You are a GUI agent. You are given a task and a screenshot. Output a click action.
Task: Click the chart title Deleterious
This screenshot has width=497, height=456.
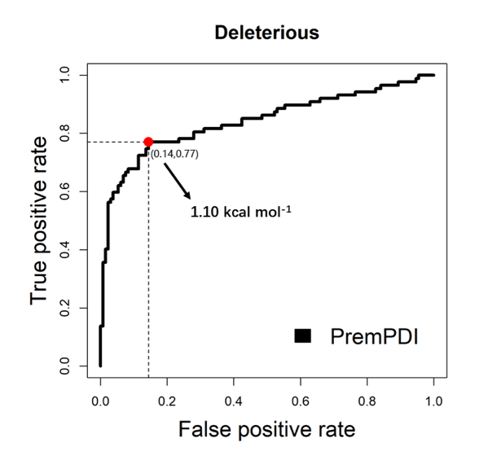[266, 33]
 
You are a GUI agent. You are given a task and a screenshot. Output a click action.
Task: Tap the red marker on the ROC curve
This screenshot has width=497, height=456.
[148, 142]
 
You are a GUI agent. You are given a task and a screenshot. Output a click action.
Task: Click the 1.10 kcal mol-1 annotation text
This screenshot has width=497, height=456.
[241, 214]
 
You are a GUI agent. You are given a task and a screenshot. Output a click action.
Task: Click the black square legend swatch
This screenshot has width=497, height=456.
[304, 335]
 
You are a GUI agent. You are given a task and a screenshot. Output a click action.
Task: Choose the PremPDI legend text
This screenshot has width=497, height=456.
[374, 335]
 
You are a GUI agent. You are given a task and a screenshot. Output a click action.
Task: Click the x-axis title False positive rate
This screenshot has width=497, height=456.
[266, 427]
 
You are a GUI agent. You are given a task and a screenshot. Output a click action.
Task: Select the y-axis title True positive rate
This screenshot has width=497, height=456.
[42, 221]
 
